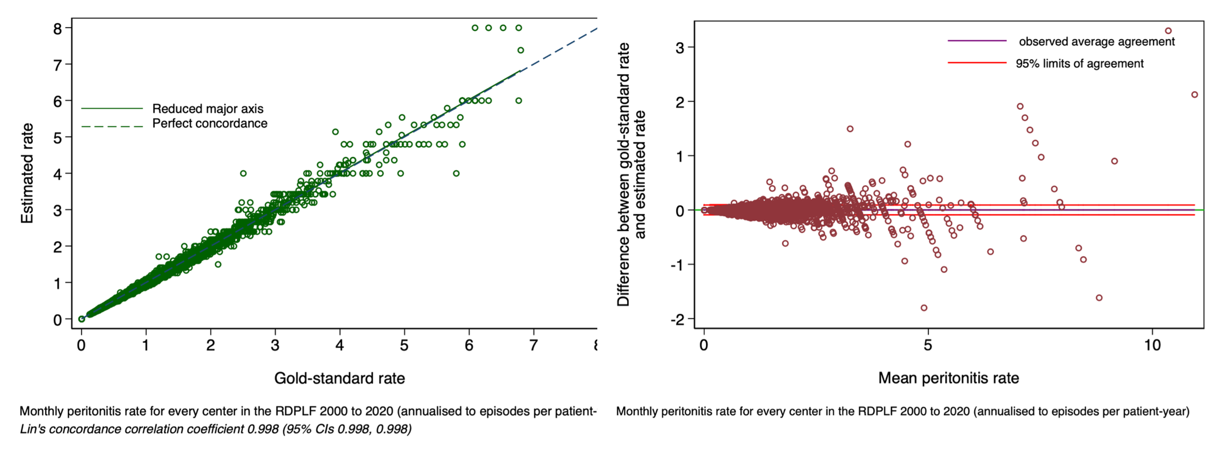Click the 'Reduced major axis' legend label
[x=208, y=109]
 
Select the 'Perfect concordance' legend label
[x=209, y=124]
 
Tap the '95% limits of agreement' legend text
[x=1079, y=64]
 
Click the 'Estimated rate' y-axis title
[x=27, y=173]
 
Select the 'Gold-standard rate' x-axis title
[x=340, y=378]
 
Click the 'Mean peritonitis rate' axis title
[x=948, y=378]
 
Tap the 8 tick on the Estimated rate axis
[x=57, y=29]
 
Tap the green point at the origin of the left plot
[x=82, y=319]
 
